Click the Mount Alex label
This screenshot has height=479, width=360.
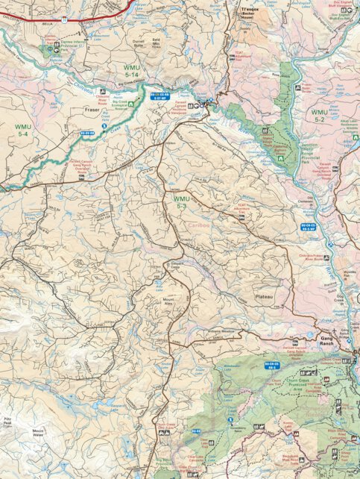pos(163,302)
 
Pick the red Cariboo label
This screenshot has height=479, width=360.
pos(202,223)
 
